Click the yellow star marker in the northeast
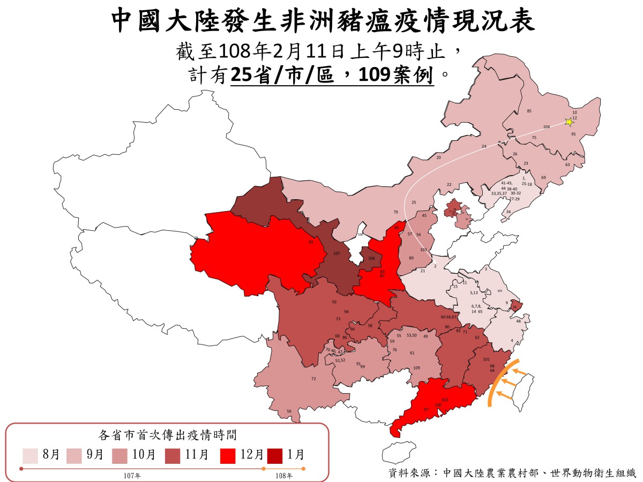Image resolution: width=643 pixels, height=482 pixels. coord(569,122)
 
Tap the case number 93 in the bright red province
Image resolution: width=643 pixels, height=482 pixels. coord(311,242)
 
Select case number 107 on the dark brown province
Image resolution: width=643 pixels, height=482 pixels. coord(337,253)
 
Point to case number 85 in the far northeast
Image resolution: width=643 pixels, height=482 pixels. coord(529,111)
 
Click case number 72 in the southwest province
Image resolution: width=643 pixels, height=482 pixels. coord(313,379)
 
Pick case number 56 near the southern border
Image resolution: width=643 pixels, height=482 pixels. coord(289,411)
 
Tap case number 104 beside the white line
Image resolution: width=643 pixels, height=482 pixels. coord(547,127)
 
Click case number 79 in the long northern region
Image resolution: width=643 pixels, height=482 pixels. coord(395,212)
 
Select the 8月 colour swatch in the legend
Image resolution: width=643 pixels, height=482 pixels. coord(30,455)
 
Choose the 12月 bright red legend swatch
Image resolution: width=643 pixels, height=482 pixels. coord(229,455)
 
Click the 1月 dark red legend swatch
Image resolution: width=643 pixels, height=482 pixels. coord(278,455)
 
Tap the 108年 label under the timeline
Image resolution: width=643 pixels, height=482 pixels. coord(283,476)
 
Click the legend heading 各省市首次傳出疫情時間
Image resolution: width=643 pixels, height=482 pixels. coord(168,434)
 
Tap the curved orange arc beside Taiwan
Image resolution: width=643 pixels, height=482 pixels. coord(497,383)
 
